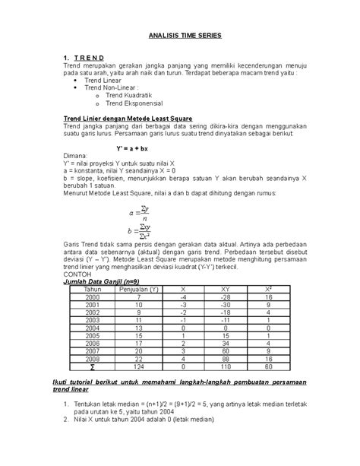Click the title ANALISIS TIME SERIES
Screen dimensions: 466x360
179,36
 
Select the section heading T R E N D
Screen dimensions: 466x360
90,58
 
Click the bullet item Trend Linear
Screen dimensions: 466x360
105,79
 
